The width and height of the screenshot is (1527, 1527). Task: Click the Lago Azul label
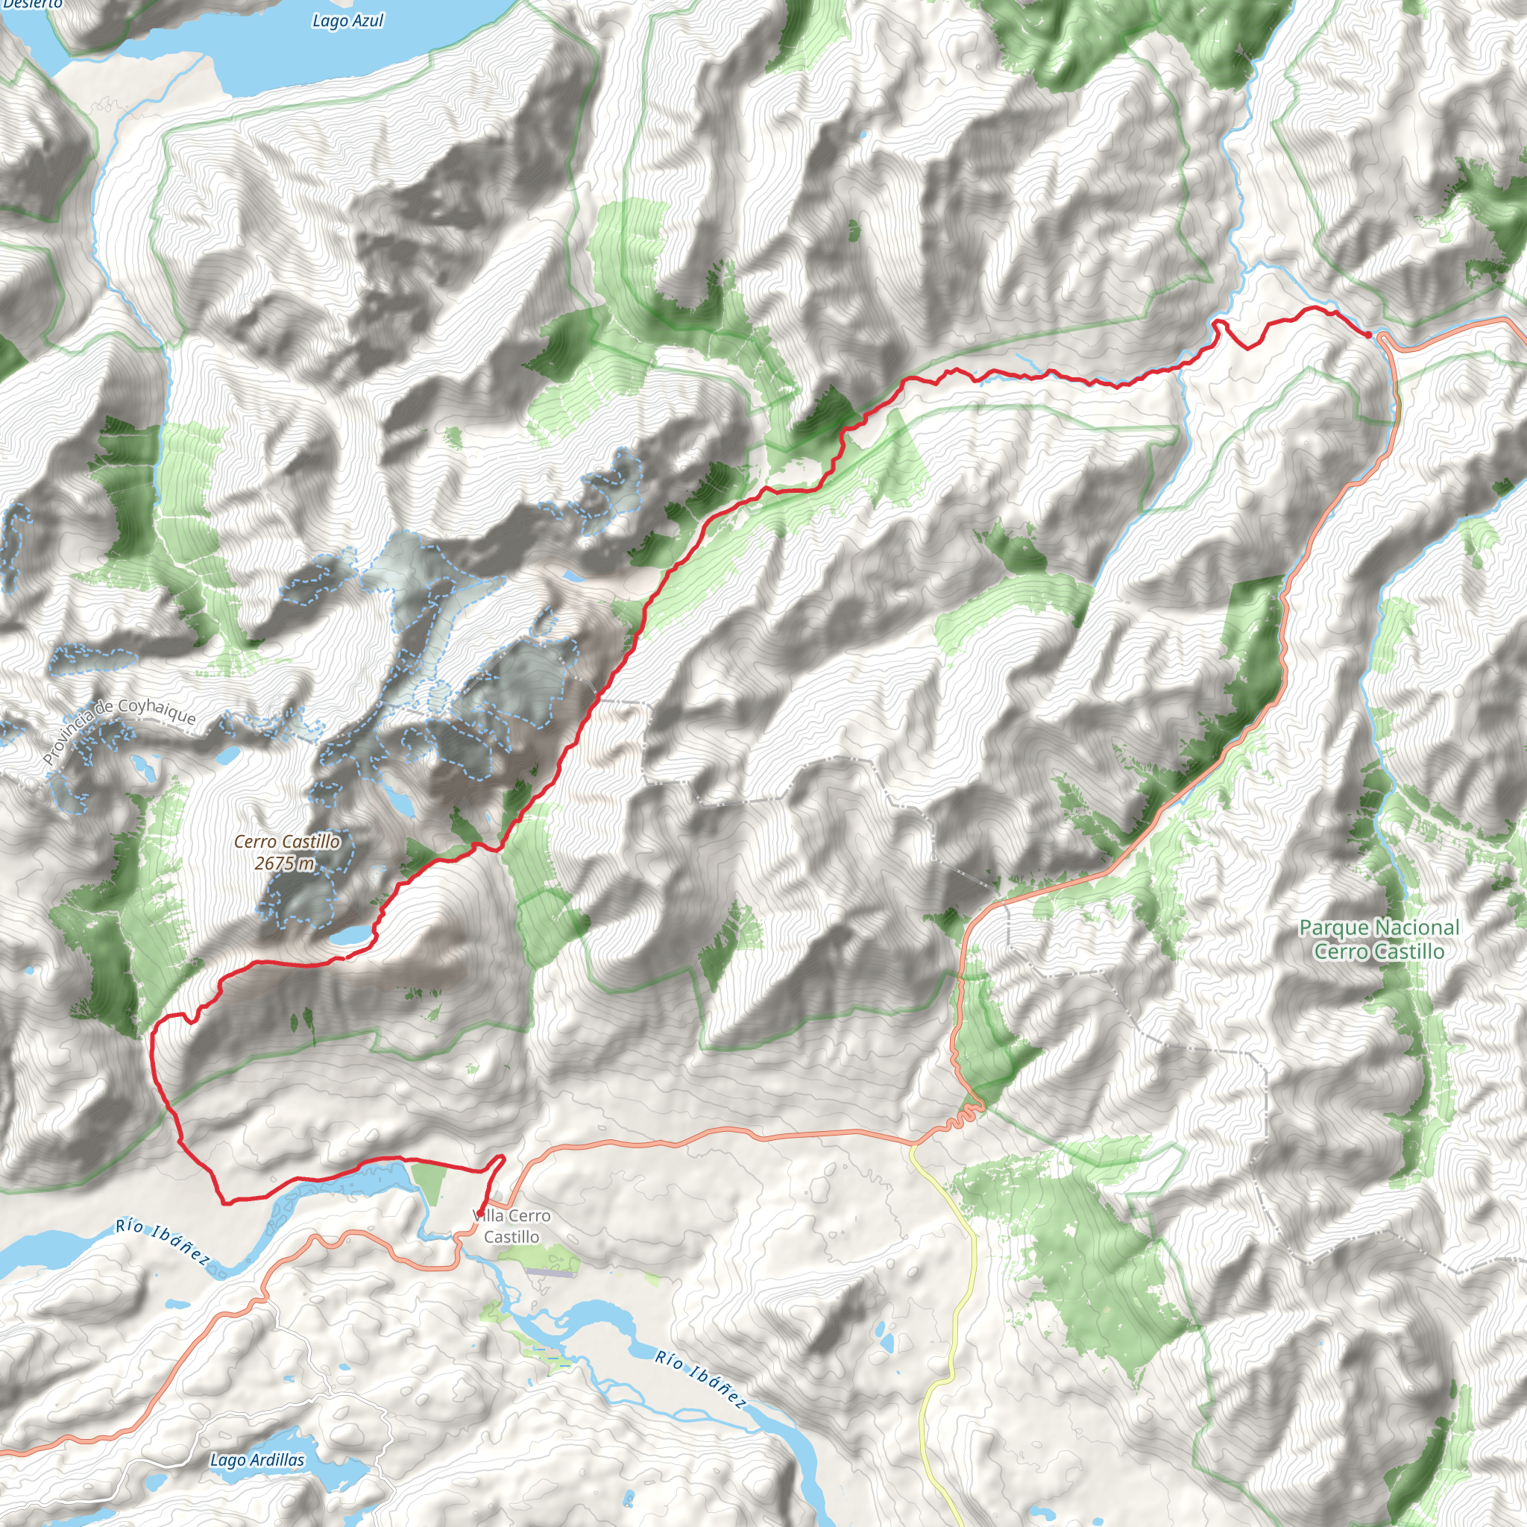pyautogui.click(x=347, y=21)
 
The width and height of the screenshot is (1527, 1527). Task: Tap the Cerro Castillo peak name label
pyautogui.click(x=287, y=842)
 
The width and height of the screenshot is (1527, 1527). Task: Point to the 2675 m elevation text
pyautogui.click(x=285, y=863)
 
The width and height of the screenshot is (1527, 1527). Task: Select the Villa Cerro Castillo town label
pyautogui.click(x=511, y=1226)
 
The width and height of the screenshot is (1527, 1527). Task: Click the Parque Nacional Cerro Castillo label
pyautogui.click(x=1379, y=939)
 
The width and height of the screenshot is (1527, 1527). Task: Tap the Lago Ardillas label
pyautogui.click(x=257, y=1460)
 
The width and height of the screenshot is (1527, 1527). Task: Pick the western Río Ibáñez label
pyautogui.click(x=163, y=1241)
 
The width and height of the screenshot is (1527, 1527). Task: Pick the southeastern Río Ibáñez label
pyautogui.click(x=700, y=1380)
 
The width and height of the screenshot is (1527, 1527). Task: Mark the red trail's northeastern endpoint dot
pyautogui.click(x=1368, y=335)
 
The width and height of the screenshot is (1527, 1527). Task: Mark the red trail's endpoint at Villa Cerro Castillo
pyautogui.click(x=479, y=1213)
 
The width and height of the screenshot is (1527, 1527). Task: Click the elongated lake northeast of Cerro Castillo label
pyautogui.click(x=400, y=803)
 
